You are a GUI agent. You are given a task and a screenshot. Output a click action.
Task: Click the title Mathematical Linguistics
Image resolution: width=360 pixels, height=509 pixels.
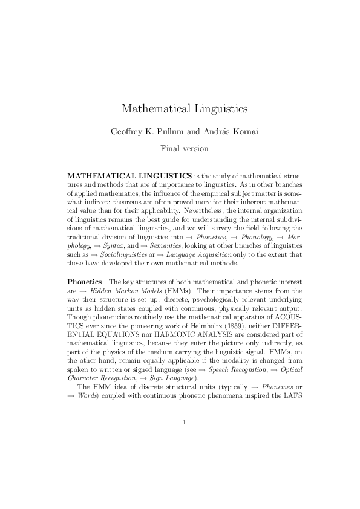tap(180, 109)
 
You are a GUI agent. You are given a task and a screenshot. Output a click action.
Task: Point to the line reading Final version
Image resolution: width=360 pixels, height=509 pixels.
tap(180, 148)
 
